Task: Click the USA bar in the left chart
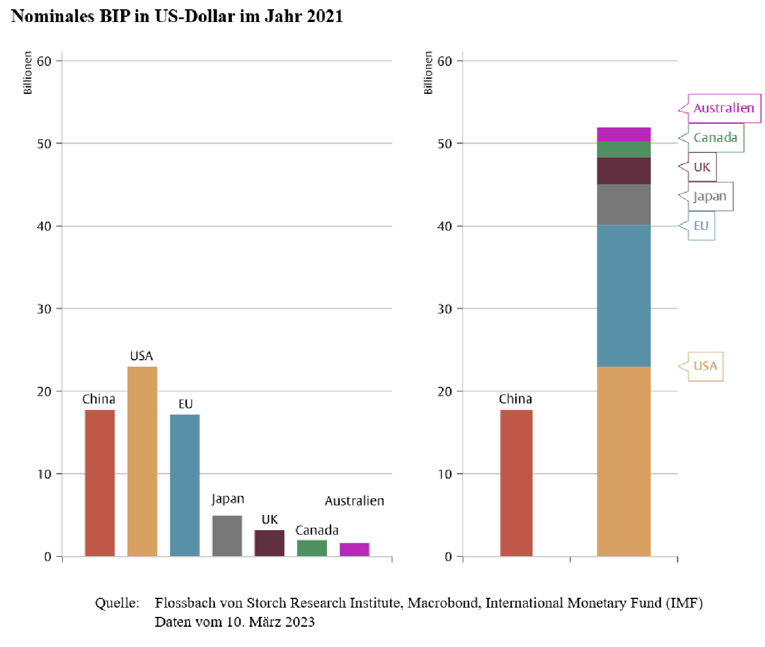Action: [x=142, y=461]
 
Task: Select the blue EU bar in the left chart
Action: [x=184, y=485]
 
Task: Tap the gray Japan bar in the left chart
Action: [x=227, y=536]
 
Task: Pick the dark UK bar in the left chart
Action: [x=269, y=543]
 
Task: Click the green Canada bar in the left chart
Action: [x=312, y=548]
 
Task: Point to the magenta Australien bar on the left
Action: [x=354, y=550]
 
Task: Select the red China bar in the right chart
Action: [x=516, y=483]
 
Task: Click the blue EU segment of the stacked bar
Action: [x=624, y=295]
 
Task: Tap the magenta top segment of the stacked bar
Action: [x=624, y=134]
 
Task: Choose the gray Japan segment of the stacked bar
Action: [x=624, y=204]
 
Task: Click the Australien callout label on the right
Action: [x=724, y=108]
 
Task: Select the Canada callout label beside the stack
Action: [x=715, y=138]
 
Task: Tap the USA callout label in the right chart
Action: [x=705, y=366]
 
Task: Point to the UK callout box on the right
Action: [x=702, y=167]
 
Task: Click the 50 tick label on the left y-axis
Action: [x=44, y=144]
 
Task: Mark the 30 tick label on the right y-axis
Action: [x=445, y=309]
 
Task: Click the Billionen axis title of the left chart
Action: [x=28, y=72]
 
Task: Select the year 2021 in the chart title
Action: [x=325, y=16]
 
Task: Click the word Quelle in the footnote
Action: [x=117, y=603]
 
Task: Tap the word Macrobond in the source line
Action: [x=443, y=603]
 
